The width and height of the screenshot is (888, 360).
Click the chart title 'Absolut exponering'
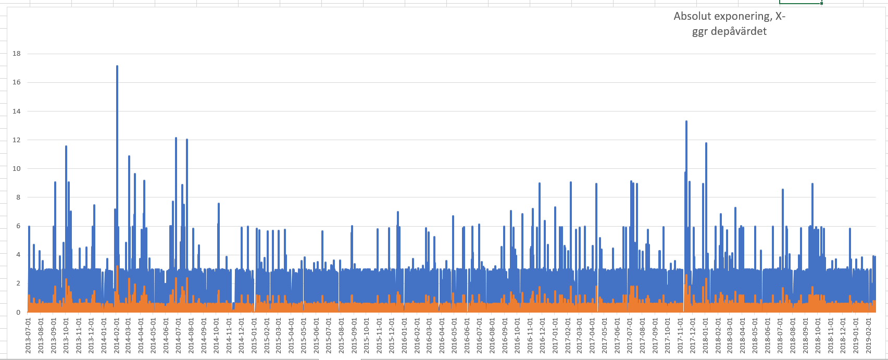(x=729, y=17)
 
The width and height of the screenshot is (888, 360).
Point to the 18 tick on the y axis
(x=17, y=54)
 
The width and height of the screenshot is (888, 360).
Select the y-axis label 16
(x=17, y=82)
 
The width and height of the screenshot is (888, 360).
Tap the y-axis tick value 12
(x=17, y=140)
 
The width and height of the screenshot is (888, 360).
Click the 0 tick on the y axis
(x=18, y=313)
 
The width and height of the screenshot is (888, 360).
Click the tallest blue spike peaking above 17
(x=117, y=67)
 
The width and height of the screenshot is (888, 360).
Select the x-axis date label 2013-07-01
(x=29, y=336)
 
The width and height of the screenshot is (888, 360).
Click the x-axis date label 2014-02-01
(x=117, y=336)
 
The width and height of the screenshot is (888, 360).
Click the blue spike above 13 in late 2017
(x=686, y=122)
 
